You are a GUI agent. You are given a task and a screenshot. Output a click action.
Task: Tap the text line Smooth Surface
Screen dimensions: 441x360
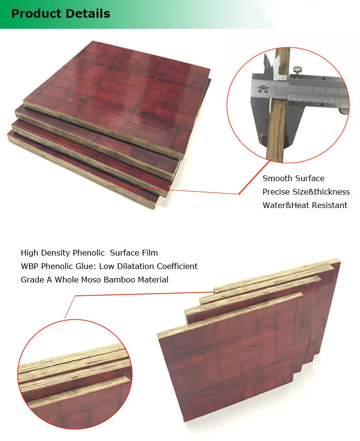[x=293, y=178]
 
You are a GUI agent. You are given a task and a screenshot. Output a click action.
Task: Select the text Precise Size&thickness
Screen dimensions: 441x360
[x=306, y=192]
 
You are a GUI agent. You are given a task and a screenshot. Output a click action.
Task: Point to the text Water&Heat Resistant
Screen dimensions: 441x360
[x=305, y=205]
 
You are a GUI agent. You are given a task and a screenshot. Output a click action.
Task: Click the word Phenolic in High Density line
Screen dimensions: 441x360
[x=89, y=253]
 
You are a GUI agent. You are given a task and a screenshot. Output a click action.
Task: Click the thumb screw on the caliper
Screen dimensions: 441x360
[x=296, y=72]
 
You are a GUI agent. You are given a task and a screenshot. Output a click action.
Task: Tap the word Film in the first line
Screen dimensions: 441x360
[x=149, y=253]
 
